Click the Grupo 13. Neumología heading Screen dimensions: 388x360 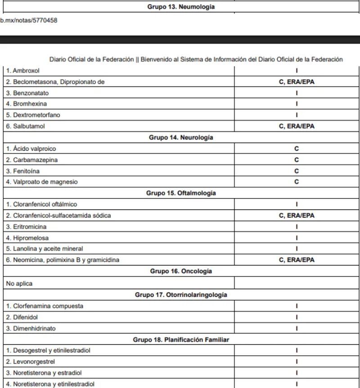coord(181,7)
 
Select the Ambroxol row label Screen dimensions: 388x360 coord(23,71)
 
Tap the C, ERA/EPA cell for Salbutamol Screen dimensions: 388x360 coord(297,126)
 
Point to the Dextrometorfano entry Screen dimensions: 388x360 coord(33,115)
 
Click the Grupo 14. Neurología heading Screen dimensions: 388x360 coord(181,138)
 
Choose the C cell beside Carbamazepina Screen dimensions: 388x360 coord(297,160)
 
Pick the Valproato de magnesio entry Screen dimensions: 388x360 coord(42,182)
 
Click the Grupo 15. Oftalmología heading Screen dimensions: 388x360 coord(181,193)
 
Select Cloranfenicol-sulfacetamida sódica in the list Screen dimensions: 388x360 coord(58,216)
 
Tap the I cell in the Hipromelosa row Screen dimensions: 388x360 coord(297,238)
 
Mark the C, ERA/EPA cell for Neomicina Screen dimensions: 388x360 coord(297,260)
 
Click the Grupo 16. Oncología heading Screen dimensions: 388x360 coord(181,271)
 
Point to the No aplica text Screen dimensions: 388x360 coord(19,284)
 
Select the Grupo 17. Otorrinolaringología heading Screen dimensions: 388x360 coord(181,295)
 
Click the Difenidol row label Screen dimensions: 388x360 coord(22,317)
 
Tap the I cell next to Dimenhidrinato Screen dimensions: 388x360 coord(297,328)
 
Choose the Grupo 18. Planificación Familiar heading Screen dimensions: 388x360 coord(181,340)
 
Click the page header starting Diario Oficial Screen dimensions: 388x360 coord(196,59)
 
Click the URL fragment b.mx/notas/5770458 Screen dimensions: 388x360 coord(29,20)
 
